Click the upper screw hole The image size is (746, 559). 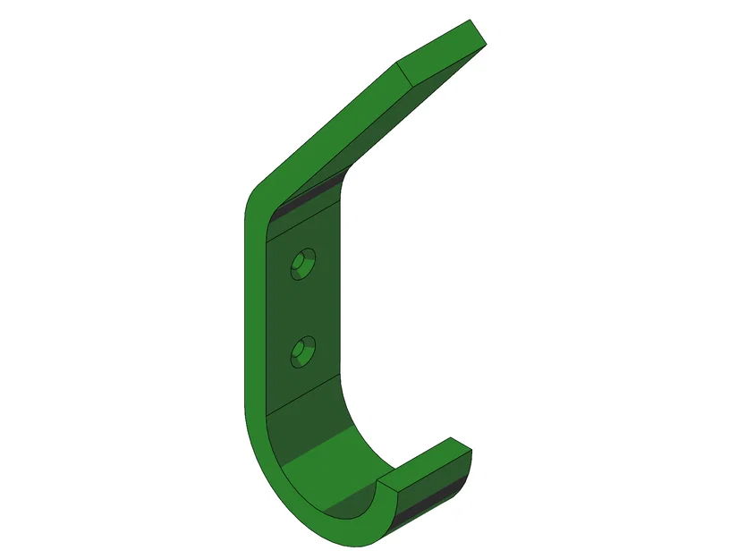pos(304,264)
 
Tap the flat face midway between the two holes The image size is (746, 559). pos(304,309)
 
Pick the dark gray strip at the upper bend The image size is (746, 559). pos(304,202)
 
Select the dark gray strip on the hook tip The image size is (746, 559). pos(434,496)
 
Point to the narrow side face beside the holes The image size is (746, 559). pos(256,313)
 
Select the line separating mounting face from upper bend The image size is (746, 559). pos(304,218)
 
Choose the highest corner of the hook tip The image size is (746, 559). pos(452,439)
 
